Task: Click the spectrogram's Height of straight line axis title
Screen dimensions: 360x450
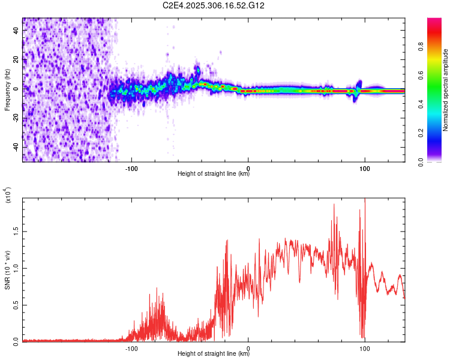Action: pyautogui.click(x=214, y=175)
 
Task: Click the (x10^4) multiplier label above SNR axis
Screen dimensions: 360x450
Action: pyautogui.click(x=8, y=195)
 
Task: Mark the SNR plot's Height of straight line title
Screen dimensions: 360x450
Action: pyautogui.click(x=214, y=355)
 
